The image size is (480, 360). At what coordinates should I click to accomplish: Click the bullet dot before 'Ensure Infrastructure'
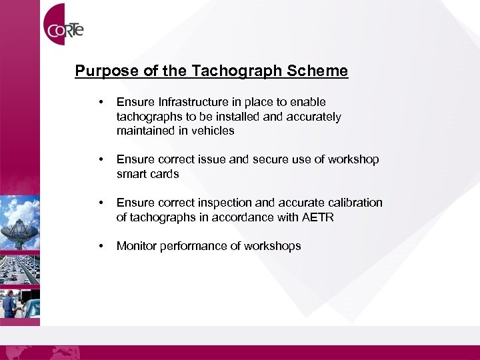coord(99,103)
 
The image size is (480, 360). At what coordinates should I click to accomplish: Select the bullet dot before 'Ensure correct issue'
coord(99,160)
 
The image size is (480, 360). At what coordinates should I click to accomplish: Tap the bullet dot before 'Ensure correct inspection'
coord(99,203)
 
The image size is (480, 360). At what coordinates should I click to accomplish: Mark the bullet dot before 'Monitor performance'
coord(99,247)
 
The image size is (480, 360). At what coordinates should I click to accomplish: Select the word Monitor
coord(136,246)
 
